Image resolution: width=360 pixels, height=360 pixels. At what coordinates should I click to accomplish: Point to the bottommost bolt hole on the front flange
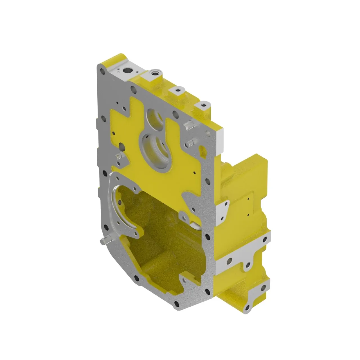tap(177, 304)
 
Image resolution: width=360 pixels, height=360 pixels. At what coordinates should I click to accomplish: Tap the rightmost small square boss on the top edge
tap(203, 106)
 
